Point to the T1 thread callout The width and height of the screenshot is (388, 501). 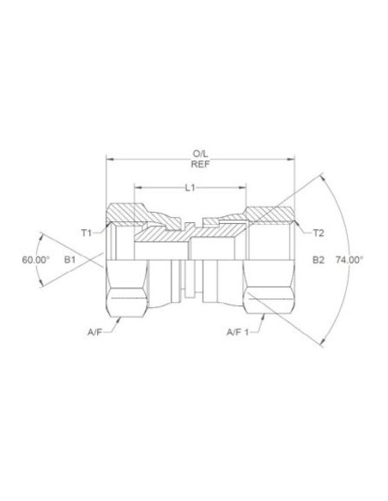point(86,232)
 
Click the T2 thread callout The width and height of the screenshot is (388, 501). point(318,232)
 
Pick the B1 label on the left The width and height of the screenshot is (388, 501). point(72,258)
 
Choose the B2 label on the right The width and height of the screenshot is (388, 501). point(318,258)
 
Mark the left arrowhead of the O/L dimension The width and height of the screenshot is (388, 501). point(107,160)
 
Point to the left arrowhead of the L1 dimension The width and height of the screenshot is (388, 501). point(136,186)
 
